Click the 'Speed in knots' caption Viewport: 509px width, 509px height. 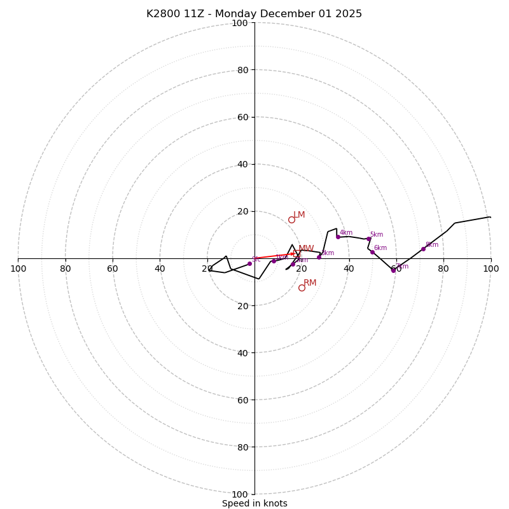pyautogui.click(x=254, y=503)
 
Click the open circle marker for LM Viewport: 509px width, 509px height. pyautogui.click(x=291, y=220)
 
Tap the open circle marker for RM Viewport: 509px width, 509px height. pyautogui.click(x=302, y=288)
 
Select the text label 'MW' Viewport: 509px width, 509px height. pyautogui.click(x=306, y=249)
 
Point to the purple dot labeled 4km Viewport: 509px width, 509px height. pyautogui.click(x=338, y=237)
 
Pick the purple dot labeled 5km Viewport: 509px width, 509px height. pyautogui.click(x=368, y=239)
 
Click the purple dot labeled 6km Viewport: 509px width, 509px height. pyautogui.click(x=372, y=252)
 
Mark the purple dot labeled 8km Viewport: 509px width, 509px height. pyautogui.click(x=423, y=249)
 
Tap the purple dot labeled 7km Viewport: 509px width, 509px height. pyautogui.click(x=393, y=270)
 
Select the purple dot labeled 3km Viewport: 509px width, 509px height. pyautogui.click(x=319, y=257)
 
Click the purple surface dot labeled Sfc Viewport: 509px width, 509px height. pyautogui.click(x=249, y=264)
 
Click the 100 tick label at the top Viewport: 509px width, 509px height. pyautogui.click(x=239, y=23)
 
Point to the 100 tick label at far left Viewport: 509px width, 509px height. pyautogui.click(x=18, y=268)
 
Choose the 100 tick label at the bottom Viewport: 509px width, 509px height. pyautogui.click(x=239, y=494)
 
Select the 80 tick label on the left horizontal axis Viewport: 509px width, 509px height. pyautogui.click(x=66, y=268)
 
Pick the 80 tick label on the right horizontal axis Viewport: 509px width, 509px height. pyautogui.click(x=443, y=268)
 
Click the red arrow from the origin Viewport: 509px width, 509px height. pyautogui.click(x=274, y=256)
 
